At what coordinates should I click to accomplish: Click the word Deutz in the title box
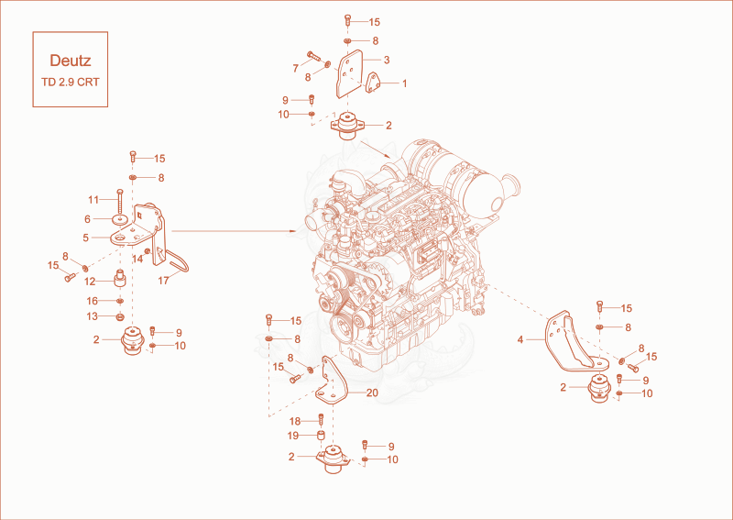point(71,61)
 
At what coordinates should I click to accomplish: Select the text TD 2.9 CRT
point(71,82)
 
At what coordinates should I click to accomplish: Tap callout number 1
point(404,83)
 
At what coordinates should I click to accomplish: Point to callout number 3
point(387,60)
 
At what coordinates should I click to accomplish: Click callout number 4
point(520,339)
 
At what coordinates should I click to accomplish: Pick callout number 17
point(163,281)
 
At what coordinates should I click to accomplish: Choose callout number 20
point(372,393)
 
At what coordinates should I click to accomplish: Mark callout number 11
point(93,200)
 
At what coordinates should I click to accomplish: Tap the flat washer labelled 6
point(120,219)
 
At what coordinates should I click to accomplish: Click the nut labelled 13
point(120,317)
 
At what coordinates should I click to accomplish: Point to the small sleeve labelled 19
point(322,436)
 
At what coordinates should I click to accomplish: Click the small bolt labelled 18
point(322,419)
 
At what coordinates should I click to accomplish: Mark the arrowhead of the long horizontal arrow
point(293,231)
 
